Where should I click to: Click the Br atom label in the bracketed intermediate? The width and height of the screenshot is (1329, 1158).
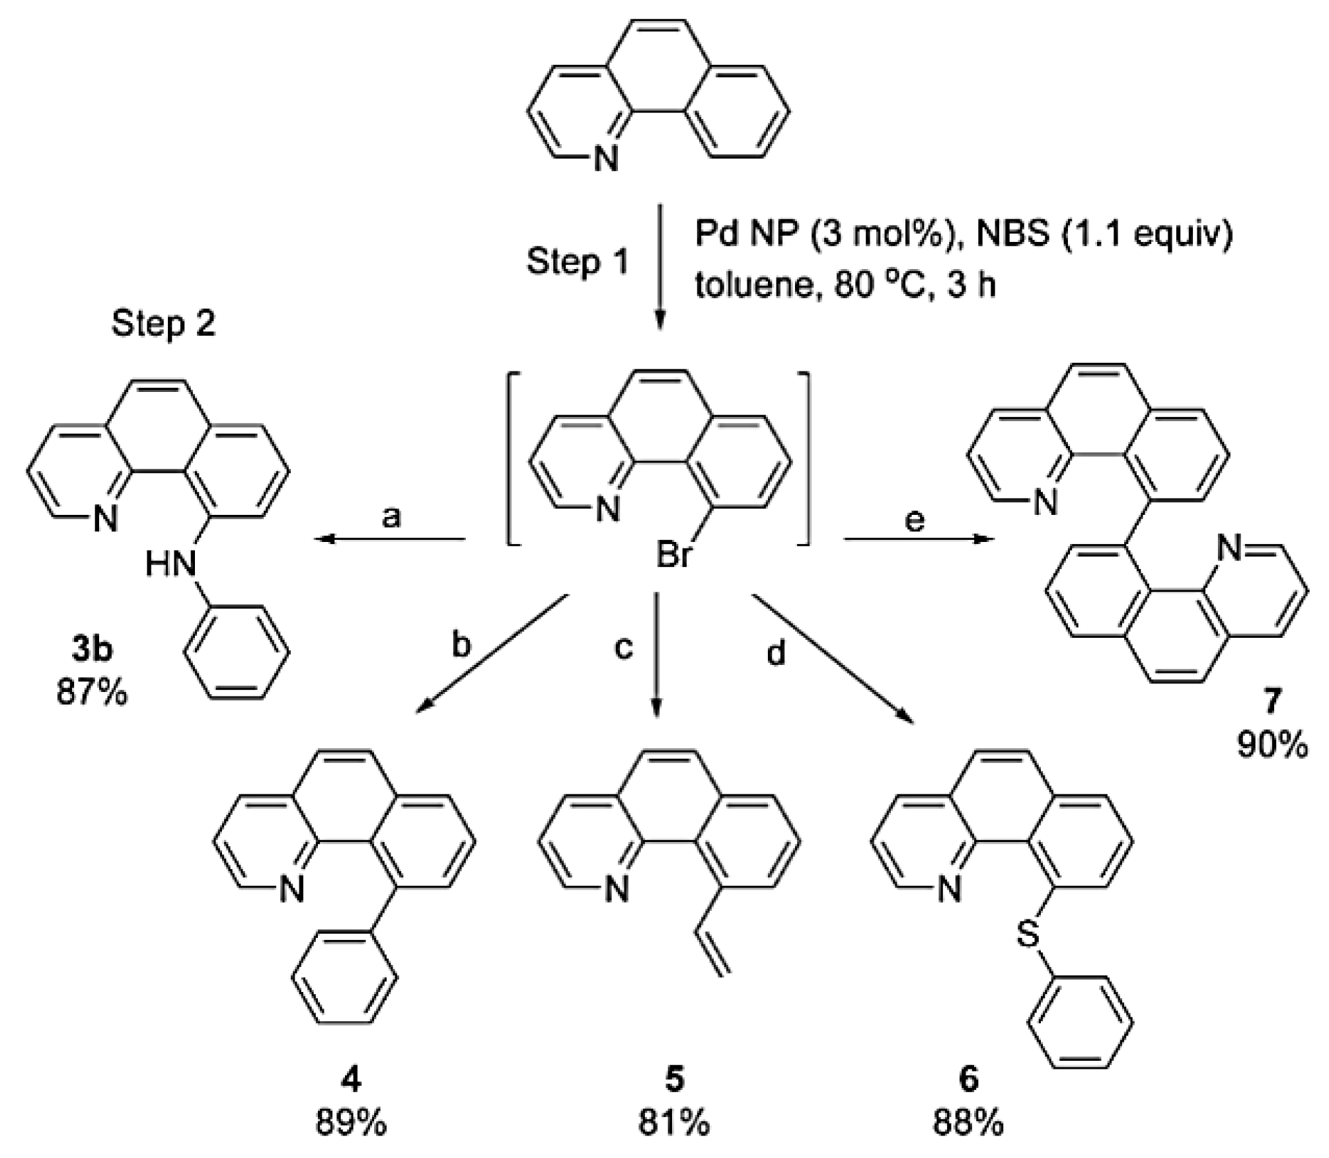click(x=673, y=555)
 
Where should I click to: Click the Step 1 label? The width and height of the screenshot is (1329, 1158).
click(x=578, y=262)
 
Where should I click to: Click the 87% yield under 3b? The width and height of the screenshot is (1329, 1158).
click(x=92, y=694)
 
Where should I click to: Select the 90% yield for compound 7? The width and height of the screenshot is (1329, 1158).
click(x=1272, y=746)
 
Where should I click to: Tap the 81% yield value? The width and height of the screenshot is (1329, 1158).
click(x=673, y=1123)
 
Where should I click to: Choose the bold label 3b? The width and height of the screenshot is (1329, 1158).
click(x=92, y=650)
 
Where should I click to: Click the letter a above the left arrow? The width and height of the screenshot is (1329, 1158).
click(x=391, y=517)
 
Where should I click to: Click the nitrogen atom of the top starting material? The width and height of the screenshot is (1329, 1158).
click(x=605, y=159)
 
